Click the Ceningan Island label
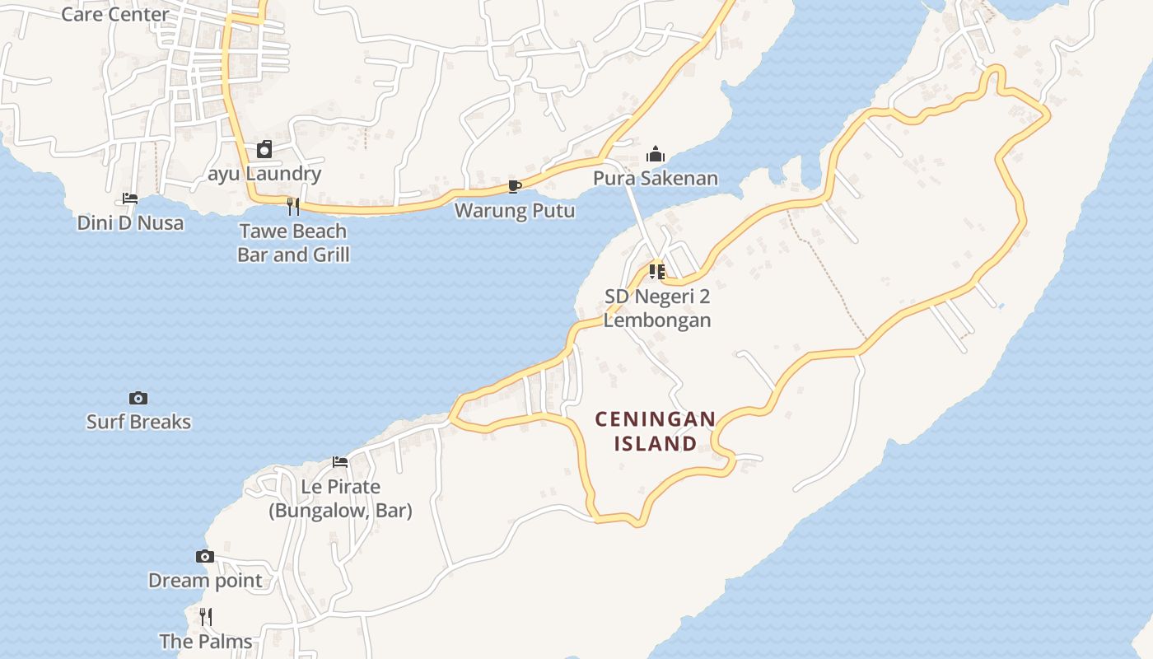click(656, 431)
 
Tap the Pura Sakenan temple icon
click(656, 154)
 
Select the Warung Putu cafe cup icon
click(514, 186)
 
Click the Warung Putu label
click(515, 211)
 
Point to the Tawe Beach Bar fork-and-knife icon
click(293, 206)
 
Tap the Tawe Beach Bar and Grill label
click(293, 243)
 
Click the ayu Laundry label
click(264, 174)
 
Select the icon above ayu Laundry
click(264, 149)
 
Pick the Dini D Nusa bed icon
click(130, 199)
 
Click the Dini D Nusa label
click(130, 222)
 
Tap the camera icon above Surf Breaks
click(138, 398)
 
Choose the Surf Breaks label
click(138, 422)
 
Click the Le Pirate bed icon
click(340, 462)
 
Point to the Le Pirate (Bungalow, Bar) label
click(340, 498)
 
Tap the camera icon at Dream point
click(205, 557)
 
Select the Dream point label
click(205, 581)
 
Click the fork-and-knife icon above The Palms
click(206, 616)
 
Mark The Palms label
click(206, 641)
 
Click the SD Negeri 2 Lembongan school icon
click(656, 272)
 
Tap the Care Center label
click(115, 14)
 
